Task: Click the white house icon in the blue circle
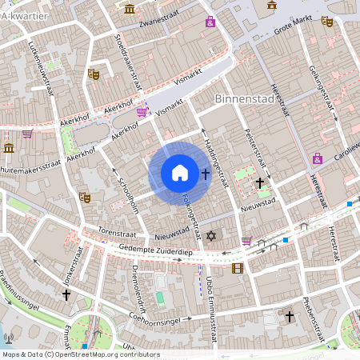coord(180,173)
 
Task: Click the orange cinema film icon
coord(237,268)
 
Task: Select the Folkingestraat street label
coord(190,212)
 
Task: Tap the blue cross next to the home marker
coord(206,173)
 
